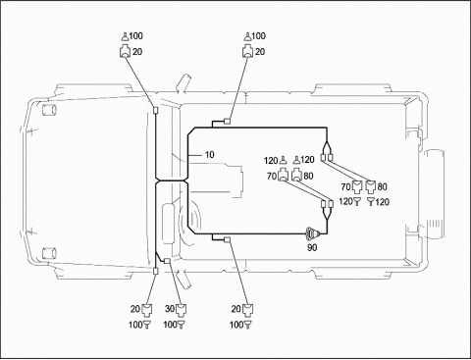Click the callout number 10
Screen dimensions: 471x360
click(209, 154)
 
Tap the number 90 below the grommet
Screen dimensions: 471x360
click(312, 247)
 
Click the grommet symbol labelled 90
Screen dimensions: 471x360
click(312, 233)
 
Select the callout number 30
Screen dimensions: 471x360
click(170, 308)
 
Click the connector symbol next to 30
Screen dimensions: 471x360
click(181, 310)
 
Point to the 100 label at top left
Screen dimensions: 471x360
click(135, 35)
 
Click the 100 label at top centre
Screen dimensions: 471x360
click(258, 35)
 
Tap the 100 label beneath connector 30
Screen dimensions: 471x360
click(170, 325)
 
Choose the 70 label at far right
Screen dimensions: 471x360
click(345, 186)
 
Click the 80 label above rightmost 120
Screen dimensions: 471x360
click(382, 186)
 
